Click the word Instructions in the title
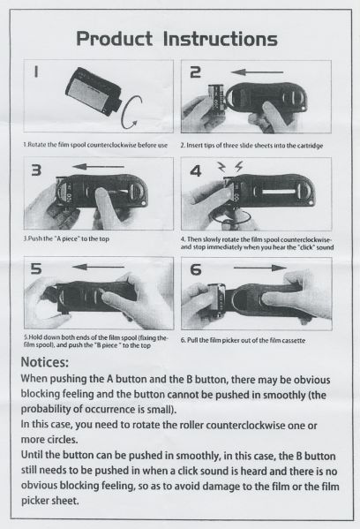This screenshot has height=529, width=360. coord(226,39)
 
